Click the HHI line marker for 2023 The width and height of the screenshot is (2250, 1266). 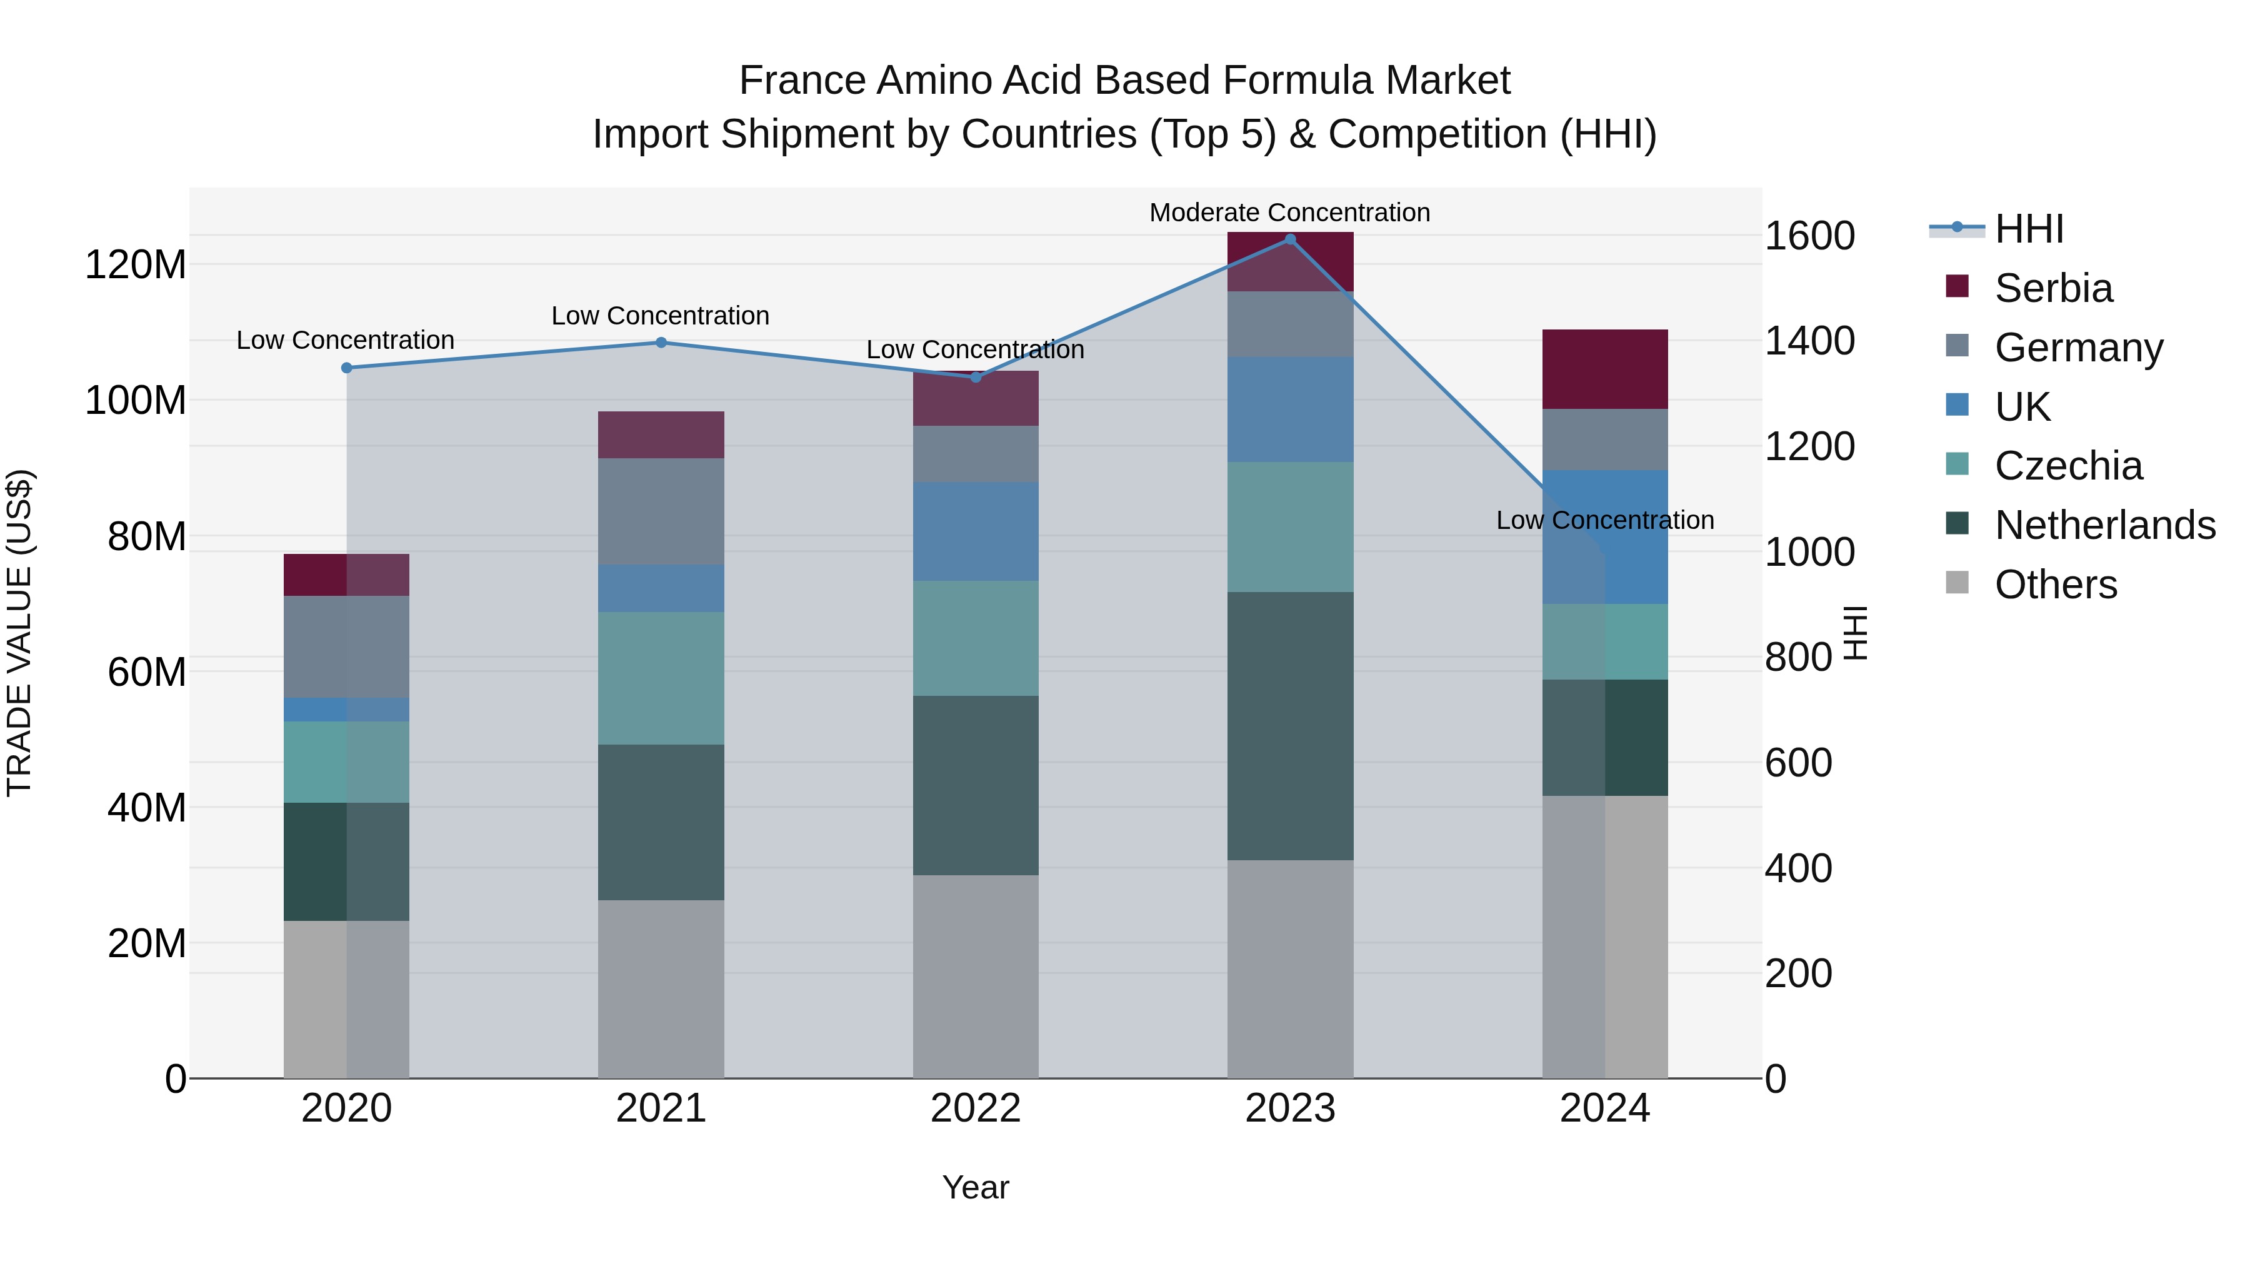coord(1290,239)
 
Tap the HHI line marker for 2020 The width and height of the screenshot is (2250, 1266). coord(347,368)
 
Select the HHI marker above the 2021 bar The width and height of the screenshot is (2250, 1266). coord(661,343)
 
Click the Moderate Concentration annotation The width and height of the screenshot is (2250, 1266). coord(1289,213)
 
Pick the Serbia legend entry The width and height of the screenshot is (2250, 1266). coord(2052,288)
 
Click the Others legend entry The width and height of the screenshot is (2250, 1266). coord(2055,585)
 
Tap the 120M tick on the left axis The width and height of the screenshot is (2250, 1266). coord(136,264)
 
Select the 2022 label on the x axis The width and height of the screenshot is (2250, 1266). coord(976,1108)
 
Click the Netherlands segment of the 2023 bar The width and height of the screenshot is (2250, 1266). coord(1290,725)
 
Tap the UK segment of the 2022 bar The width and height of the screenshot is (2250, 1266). coord(976,531)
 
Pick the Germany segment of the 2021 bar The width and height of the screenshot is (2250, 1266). coord(661,511)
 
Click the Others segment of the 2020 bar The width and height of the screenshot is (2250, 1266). coord(347,1000)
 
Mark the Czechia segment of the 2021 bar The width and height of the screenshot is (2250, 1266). coord(661,678)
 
